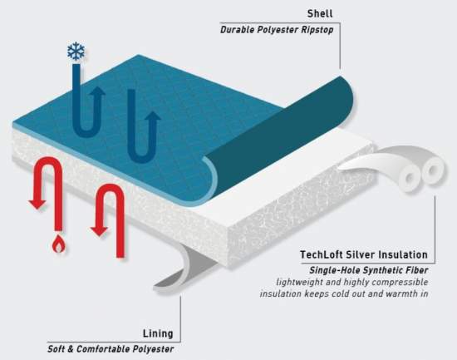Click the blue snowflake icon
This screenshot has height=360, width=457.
click(76, 52)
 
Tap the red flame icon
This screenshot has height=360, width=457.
click(59, 244)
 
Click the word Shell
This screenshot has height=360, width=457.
click(320, 13)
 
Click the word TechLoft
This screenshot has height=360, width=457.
click(322, 254)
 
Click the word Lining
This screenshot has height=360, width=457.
click(158, 333)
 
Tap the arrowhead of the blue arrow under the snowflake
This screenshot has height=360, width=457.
click(97, 91)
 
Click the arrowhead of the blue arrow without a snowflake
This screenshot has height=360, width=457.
click(153, 116)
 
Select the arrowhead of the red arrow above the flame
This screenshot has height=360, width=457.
click(37, 205)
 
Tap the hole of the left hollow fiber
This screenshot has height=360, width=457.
click(410, 178)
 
